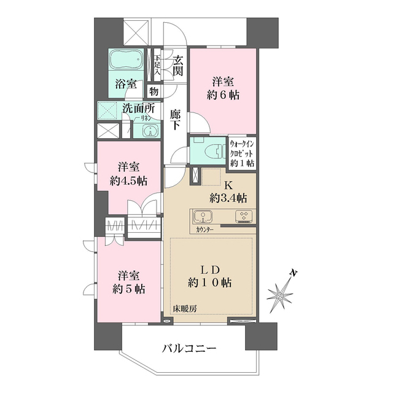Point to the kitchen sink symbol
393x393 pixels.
pos(203,217)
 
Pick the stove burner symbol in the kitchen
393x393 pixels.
pos(243,216)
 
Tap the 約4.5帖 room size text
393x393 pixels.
pos(128,181)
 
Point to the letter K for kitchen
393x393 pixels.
pos(227,185)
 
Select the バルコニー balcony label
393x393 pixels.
pos(189,349)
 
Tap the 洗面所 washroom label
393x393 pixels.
pos(138,109)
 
